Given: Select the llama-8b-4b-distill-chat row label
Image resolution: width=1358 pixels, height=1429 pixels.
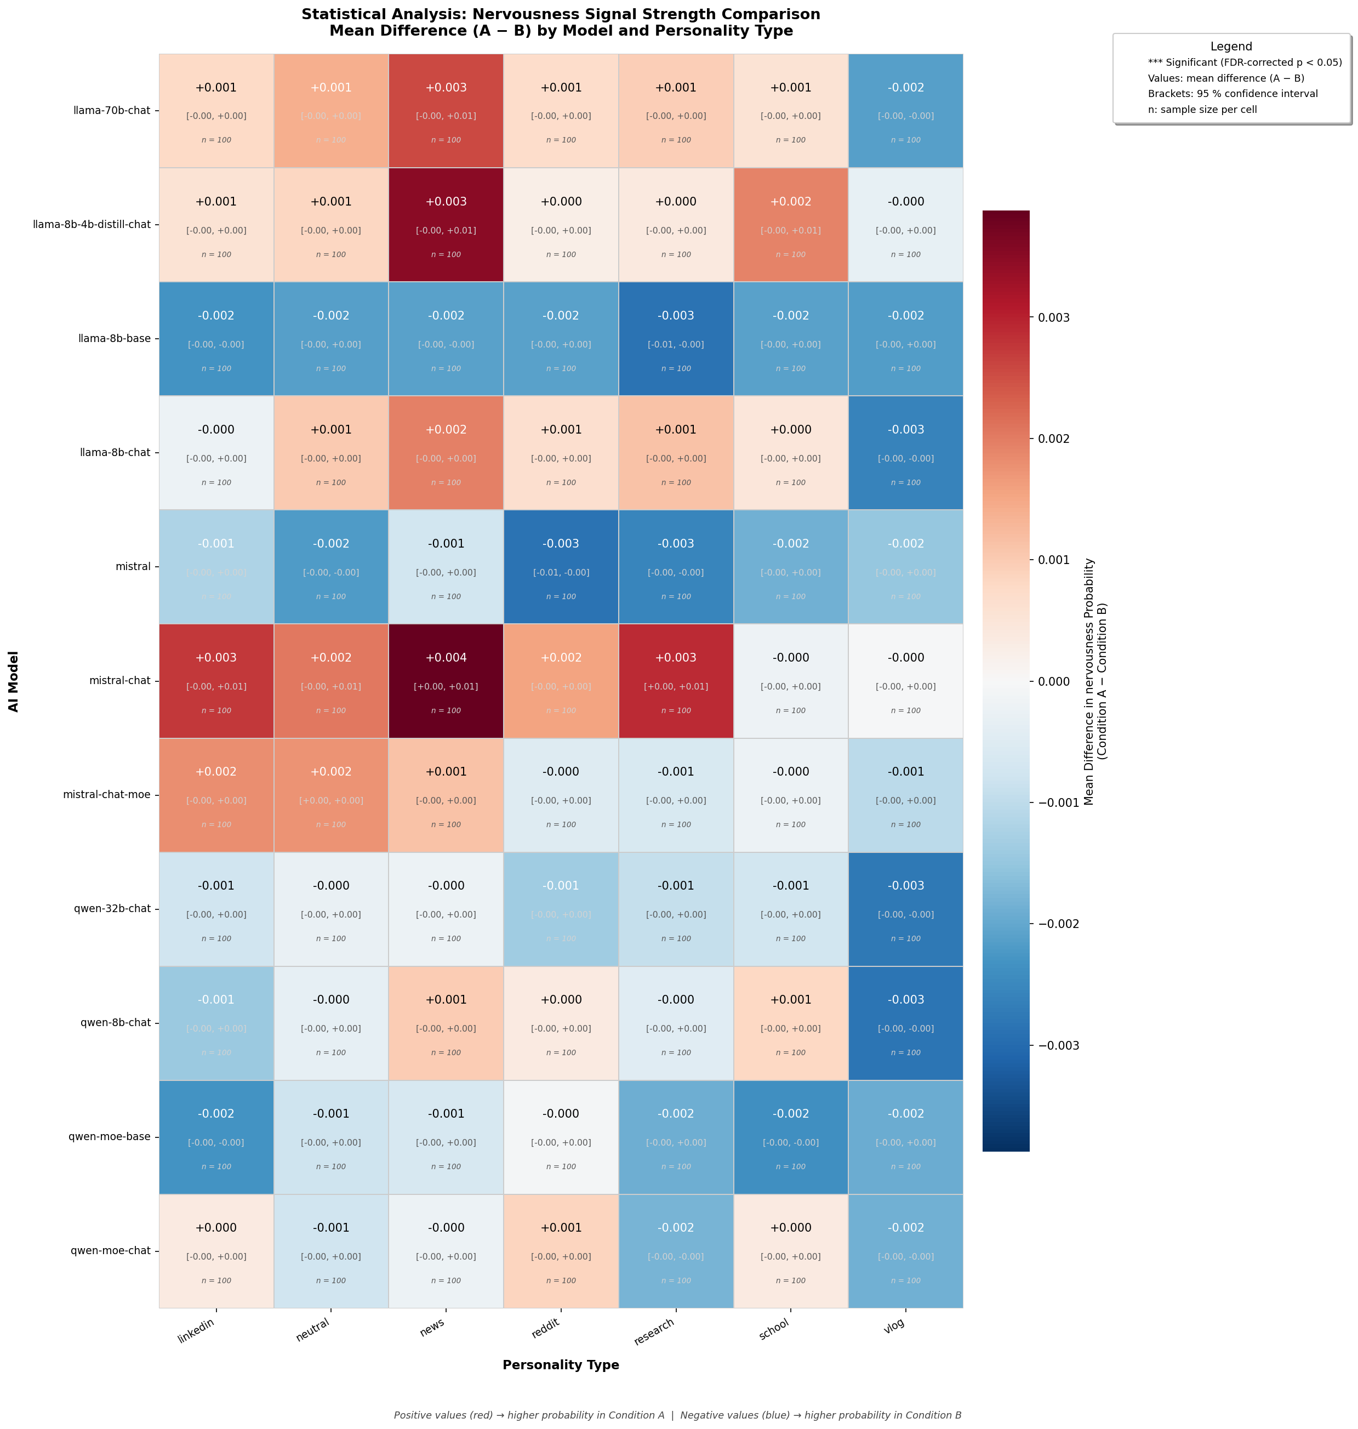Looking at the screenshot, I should coord(92,224).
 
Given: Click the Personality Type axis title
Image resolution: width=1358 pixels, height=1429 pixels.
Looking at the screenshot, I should coord(561,1365).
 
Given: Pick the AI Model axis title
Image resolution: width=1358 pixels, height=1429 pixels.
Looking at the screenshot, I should coord(14,680).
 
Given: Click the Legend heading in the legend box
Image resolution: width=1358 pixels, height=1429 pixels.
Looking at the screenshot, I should coord(1231,47).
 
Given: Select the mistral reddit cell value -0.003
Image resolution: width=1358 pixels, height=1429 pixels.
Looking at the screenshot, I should coord(561,544).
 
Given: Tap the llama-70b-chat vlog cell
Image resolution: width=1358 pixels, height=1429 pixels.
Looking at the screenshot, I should coord(905,111).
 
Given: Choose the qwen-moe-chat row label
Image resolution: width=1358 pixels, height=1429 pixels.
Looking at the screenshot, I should coord(110,1251).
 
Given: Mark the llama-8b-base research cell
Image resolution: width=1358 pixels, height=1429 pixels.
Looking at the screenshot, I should coord(676,338).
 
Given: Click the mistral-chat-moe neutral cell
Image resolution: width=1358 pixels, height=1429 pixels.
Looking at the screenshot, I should coord(331,795).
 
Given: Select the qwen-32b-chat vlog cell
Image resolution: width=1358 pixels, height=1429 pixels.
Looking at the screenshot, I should coord(905,908).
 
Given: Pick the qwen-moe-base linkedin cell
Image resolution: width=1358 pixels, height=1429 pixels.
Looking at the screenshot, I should coord(216,1136).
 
